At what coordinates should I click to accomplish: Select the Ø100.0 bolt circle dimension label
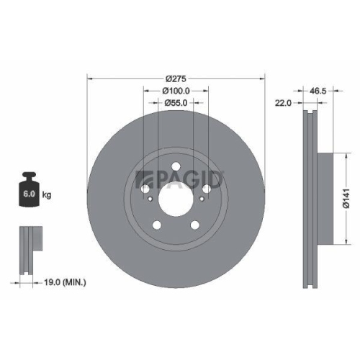pos(176,91)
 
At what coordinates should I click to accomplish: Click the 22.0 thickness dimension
pos(283,104)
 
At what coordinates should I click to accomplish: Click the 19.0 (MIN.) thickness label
pos(65,283)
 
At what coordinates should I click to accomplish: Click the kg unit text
pos(48,195)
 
